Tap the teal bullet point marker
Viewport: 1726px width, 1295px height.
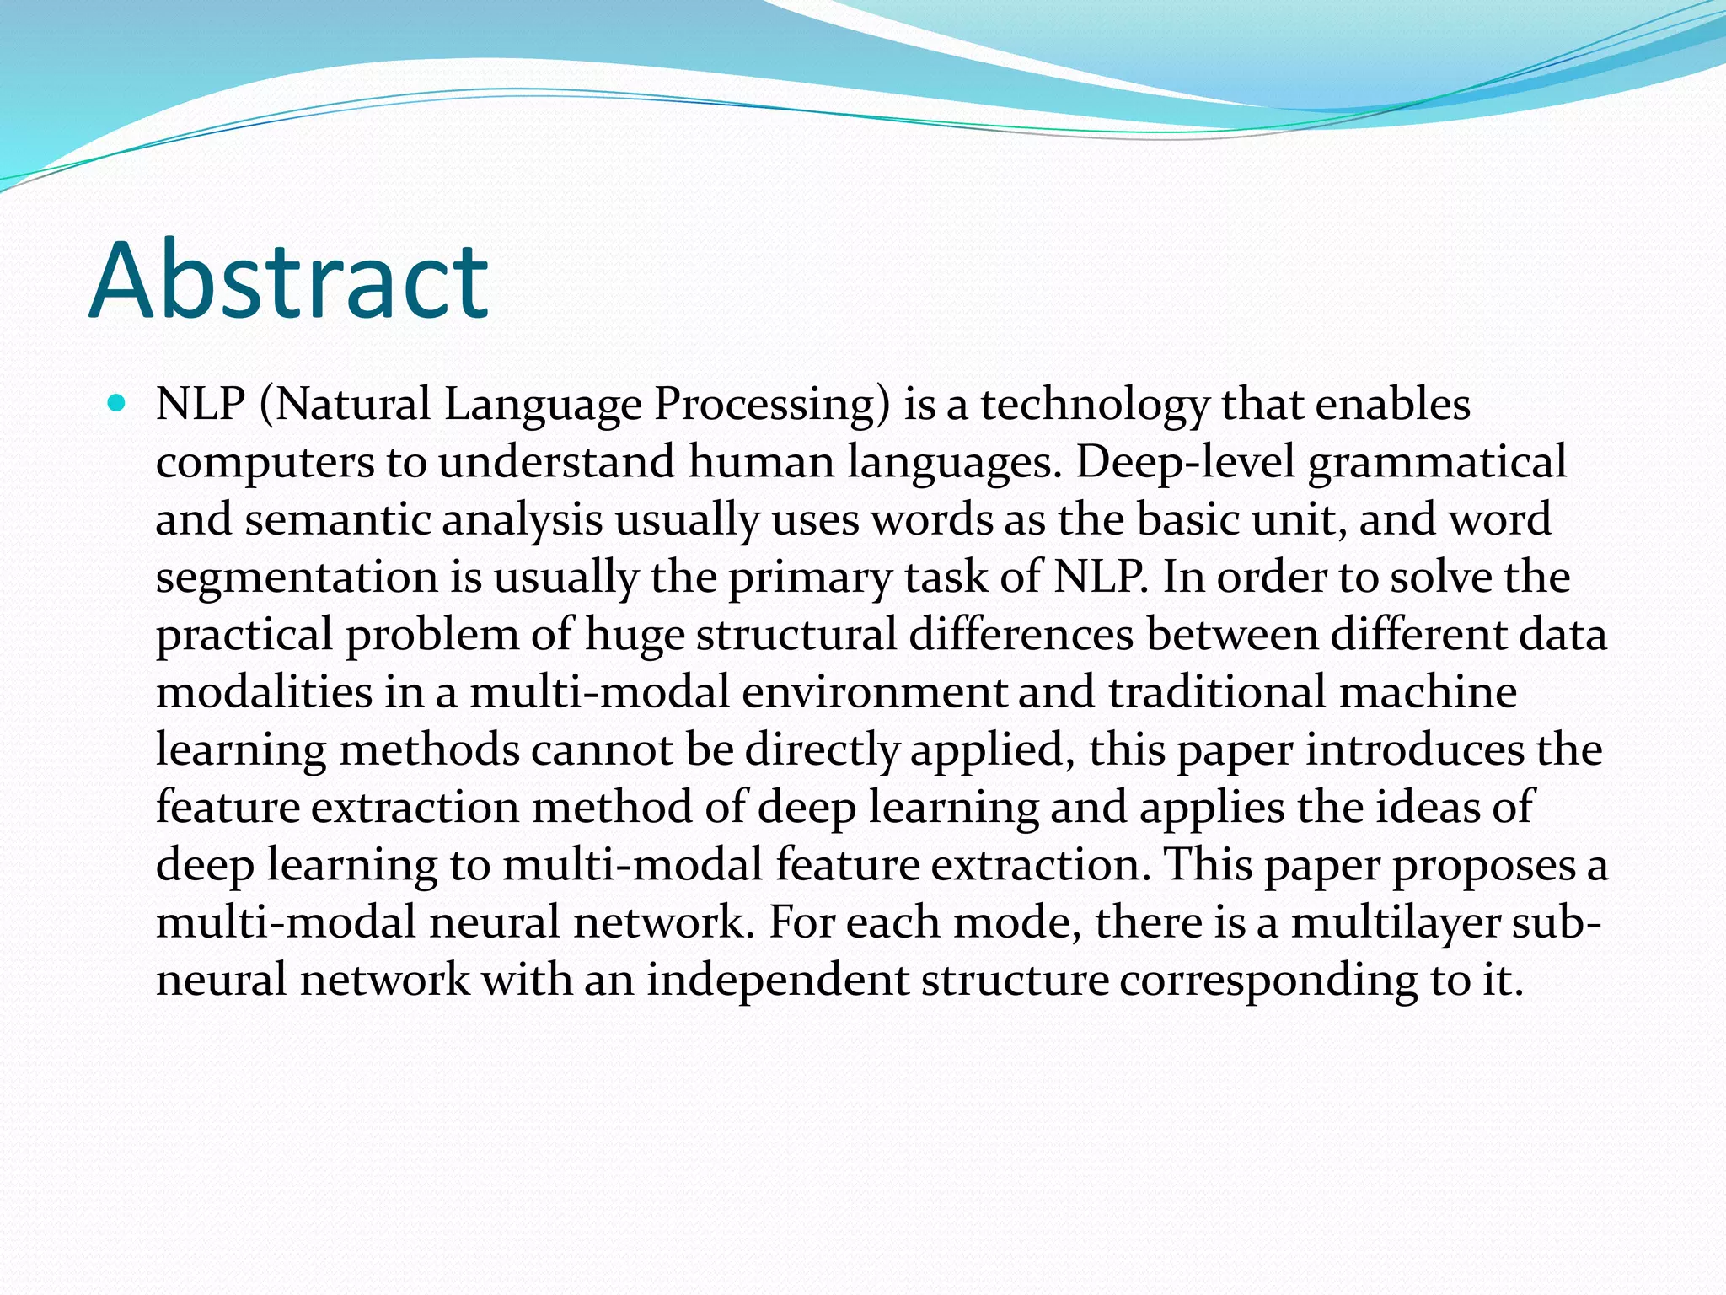click(x=117, y=403)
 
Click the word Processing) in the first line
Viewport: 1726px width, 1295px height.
click(x=772, y=405)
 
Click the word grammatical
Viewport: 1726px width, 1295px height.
click(x=1437, y=462)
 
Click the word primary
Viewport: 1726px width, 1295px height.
click(x=810, y=578)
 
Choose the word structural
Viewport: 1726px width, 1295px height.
click(x=796, y=634)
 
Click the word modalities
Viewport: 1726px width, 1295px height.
click(x=264, y=692)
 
